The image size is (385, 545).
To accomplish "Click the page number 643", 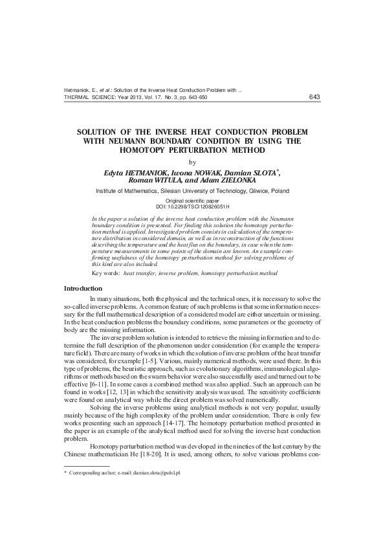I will pyautogui.click(x=315, y=97).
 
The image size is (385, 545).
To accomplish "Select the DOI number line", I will pyautogui.click(x=192, y=207).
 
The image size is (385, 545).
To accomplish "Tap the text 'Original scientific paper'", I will pyautogui.click(x=192, y=201).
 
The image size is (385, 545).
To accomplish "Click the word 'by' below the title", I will pyautogui.click(x=192, y=162).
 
